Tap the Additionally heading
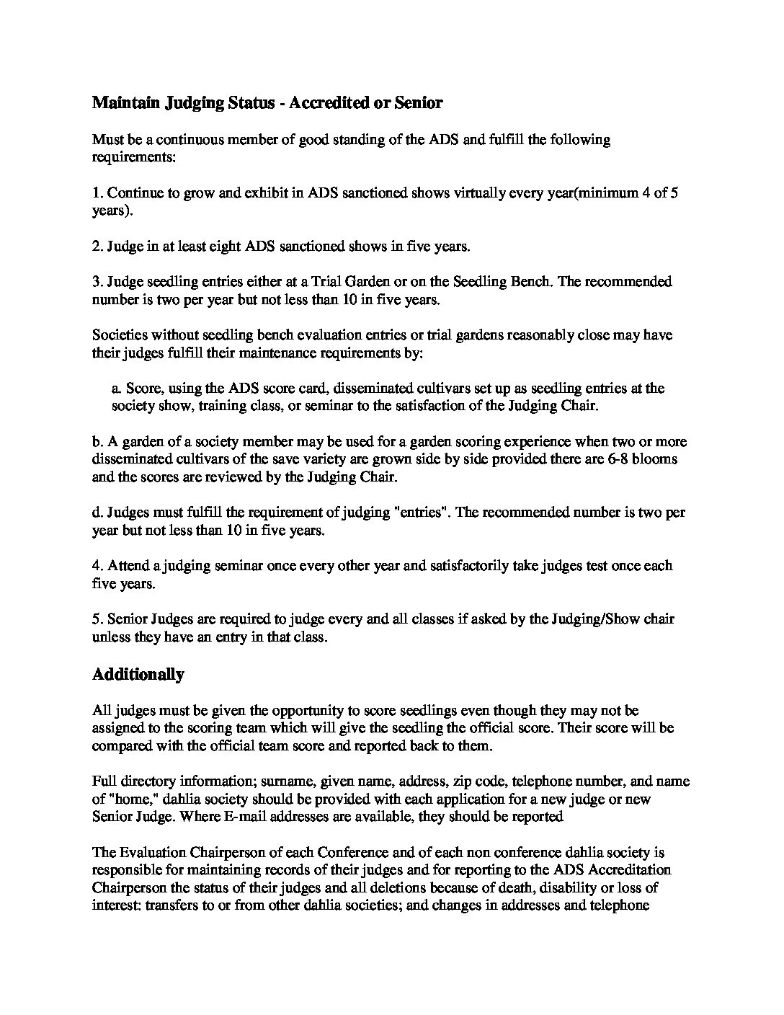pyautogui.click(x=138, y=675)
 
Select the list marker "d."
pyautogui.click(x=99, y=513)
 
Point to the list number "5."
pyautogui.click(x=98, y=619)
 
